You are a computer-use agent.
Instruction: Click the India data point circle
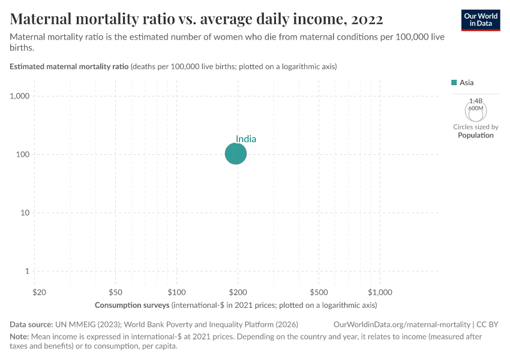coord(236,154)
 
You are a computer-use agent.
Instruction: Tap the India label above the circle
coord(246,139)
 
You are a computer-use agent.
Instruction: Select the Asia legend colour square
coord(454,83)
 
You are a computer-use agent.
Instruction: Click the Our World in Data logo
coord(480,20)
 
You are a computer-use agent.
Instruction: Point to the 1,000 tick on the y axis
coord(20,96)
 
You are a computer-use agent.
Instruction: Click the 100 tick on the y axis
coord(23,154)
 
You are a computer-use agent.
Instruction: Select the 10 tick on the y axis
coord(25,213)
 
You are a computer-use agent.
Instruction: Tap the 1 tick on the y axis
coord(28,271)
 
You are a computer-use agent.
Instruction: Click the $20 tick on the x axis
coord(39,292)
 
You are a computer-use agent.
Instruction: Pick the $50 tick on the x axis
coord(116,292)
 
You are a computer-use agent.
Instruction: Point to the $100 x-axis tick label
coord(176,292)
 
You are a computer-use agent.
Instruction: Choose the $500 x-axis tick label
coord(319,292)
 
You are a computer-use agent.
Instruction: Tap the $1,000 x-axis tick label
coord(380,292)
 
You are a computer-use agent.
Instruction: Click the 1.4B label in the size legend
coord(475,101)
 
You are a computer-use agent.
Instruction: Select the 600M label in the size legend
coord(475,108)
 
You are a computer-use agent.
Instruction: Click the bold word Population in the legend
coord(475,135)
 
